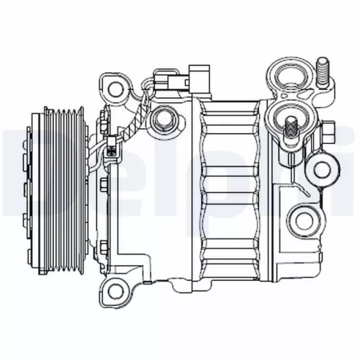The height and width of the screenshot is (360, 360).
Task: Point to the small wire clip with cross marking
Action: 112,152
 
